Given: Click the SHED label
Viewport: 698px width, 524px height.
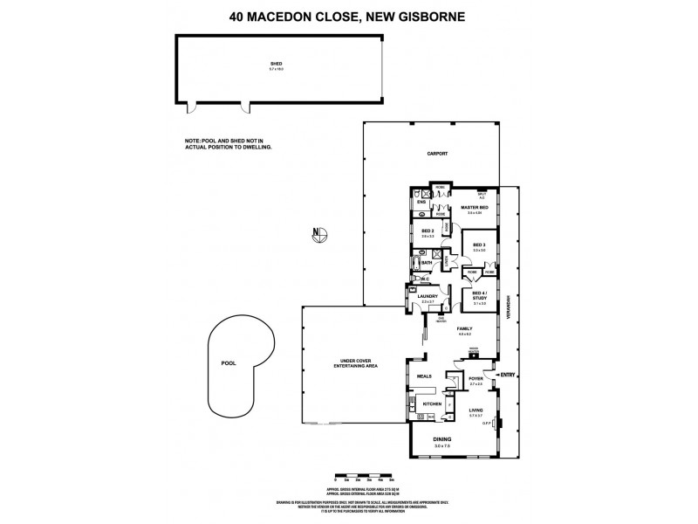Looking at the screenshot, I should click(x=277, y=64).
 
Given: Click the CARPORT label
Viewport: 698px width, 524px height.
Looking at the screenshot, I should click(x=437, y=153).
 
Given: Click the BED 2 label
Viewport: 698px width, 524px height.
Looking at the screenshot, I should click(x=428, y=231).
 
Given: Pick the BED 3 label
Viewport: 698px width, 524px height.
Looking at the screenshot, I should click(x=479, y=245).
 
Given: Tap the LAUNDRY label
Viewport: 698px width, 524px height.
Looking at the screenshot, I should click(x=427, y=296).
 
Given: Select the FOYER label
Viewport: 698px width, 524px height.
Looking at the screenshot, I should click(x=476, y=379).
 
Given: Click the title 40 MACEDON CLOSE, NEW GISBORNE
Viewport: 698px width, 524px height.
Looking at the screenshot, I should click(x=348, y=15).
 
